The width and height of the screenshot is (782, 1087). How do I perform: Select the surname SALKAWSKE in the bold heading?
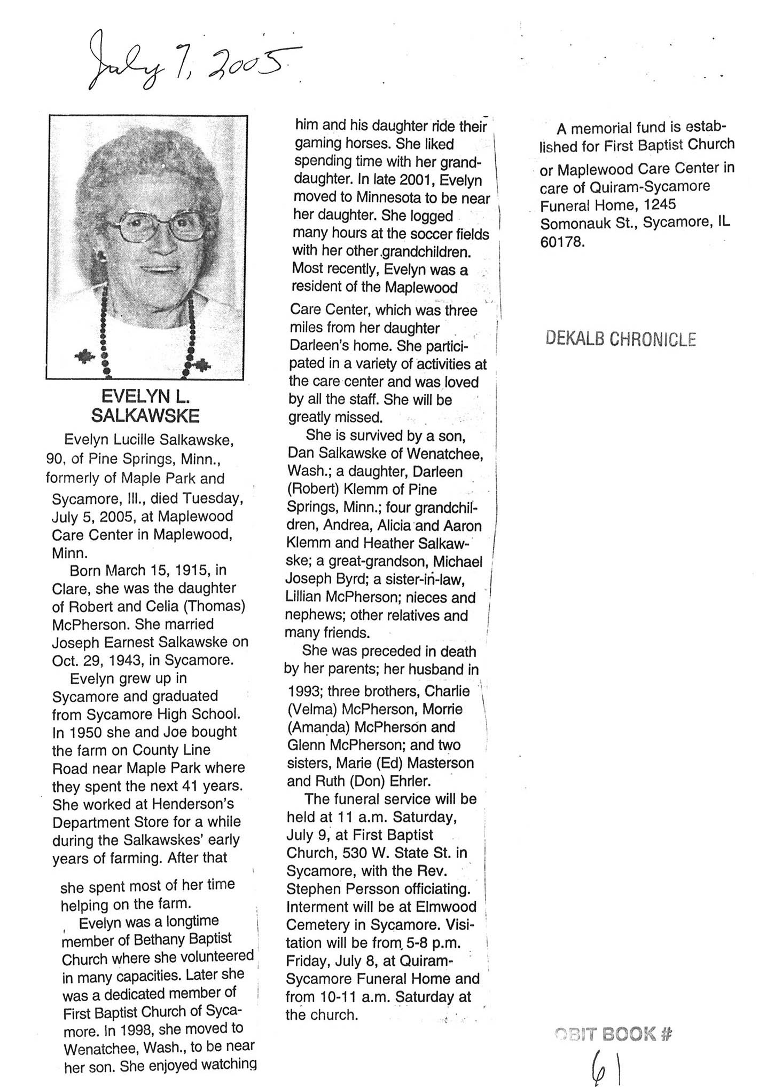click(145, 415)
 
